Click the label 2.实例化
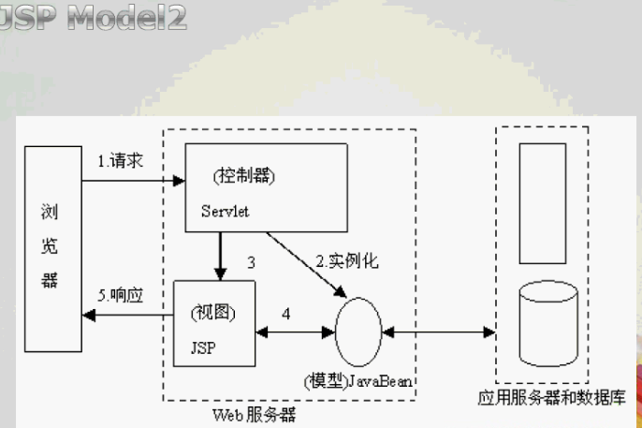346,261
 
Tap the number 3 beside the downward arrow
251,263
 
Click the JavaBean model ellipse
358,332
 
